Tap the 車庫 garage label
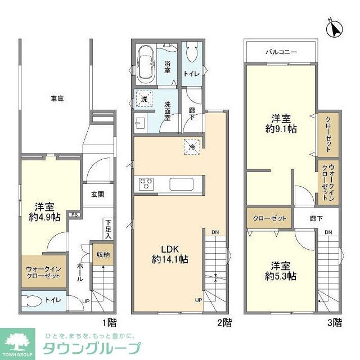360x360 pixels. point(57,99)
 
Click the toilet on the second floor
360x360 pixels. point(192,56)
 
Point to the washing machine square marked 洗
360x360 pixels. point(145,100)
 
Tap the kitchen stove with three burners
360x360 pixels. point(146,183)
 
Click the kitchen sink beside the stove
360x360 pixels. point(182,183)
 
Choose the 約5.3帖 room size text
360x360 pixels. point(281,276)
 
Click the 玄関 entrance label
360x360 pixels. point(97,195)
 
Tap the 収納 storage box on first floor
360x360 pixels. point(103,254)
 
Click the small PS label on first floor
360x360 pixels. point(74,214)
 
